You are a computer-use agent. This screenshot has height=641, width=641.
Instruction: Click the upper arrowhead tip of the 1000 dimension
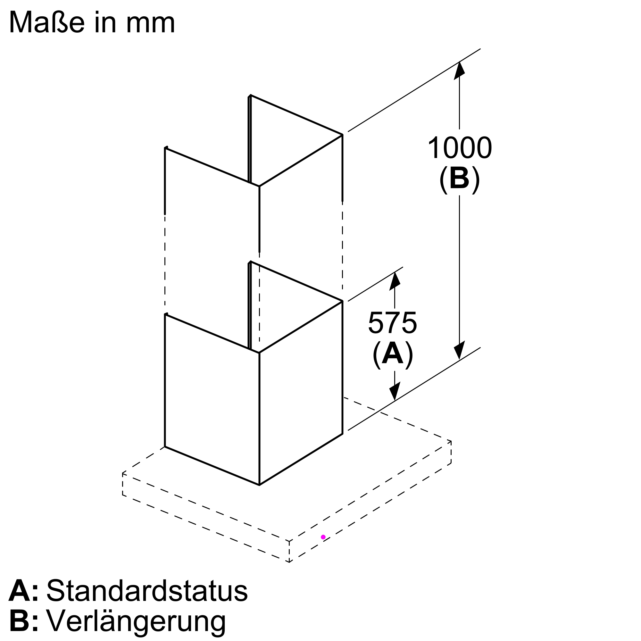click(460, 62)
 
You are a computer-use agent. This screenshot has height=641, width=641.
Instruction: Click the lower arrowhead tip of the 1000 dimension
click(460, 360)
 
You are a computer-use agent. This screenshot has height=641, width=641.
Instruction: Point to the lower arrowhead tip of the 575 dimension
click(395, 401)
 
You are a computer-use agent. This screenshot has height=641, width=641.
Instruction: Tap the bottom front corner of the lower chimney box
click(259, 485)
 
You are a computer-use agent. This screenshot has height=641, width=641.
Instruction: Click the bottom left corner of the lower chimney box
click(165, 447)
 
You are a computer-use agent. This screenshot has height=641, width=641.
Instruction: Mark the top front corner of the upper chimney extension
click(259, 187)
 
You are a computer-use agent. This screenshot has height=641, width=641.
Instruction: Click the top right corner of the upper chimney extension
click(342, 135)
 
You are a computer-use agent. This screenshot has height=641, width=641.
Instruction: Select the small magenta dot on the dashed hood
click(323, 537)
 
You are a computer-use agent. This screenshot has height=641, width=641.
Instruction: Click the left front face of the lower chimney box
click(212, 399)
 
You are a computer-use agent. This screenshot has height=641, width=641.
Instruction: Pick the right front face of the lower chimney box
click(301, 393)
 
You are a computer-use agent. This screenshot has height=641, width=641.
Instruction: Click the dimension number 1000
click(460, 148)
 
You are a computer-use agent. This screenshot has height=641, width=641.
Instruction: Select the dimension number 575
click(393, 323)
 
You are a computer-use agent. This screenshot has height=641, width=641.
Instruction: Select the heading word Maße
click(46, 22)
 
